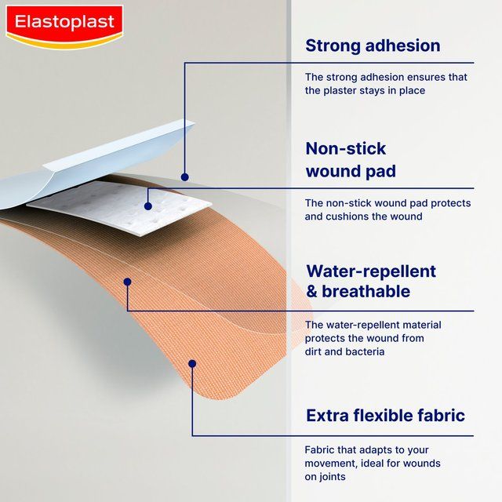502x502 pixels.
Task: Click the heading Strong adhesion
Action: click(x=373, y=45)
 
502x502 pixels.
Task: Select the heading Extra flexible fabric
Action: click(x=385, y=415)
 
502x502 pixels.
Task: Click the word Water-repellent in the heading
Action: click(x=371, y=271)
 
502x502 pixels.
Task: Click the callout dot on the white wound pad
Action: click(x=147, y=206)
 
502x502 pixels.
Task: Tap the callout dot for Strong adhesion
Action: click(x=185, y=177)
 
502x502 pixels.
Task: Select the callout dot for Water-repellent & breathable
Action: click(x=127, y=281)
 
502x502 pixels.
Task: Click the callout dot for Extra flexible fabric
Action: click(x=192, y=362)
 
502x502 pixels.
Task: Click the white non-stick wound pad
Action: click(x=118, y=208)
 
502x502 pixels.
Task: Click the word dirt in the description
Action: click(x=315, y=352)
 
